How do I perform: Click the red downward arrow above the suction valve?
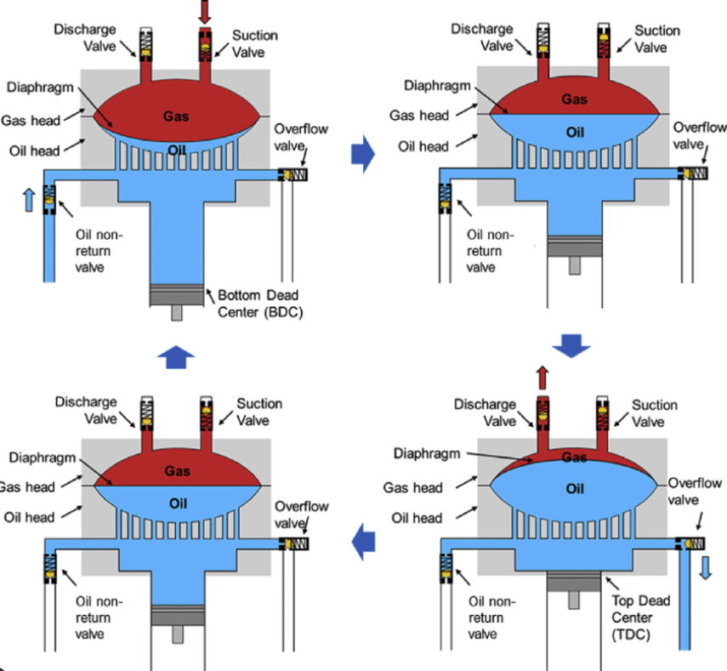pyautogui.click(x=205, y=11)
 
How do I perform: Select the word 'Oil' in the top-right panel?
pyautogui.click(x=576, y=132)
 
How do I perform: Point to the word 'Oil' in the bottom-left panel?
pyautogui.click(x=177, y=502)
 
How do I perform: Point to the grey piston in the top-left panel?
pyautogui.click(x=177, y=293)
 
